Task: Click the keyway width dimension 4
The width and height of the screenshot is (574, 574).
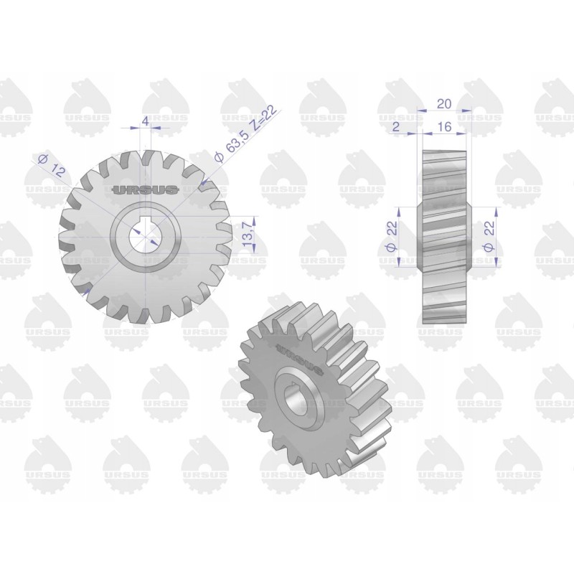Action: point(146,122)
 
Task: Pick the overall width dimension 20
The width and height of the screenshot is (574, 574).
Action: point(443,104)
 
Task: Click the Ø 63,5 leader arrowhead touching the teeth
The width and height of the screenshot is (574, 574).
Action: point(204,186)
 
